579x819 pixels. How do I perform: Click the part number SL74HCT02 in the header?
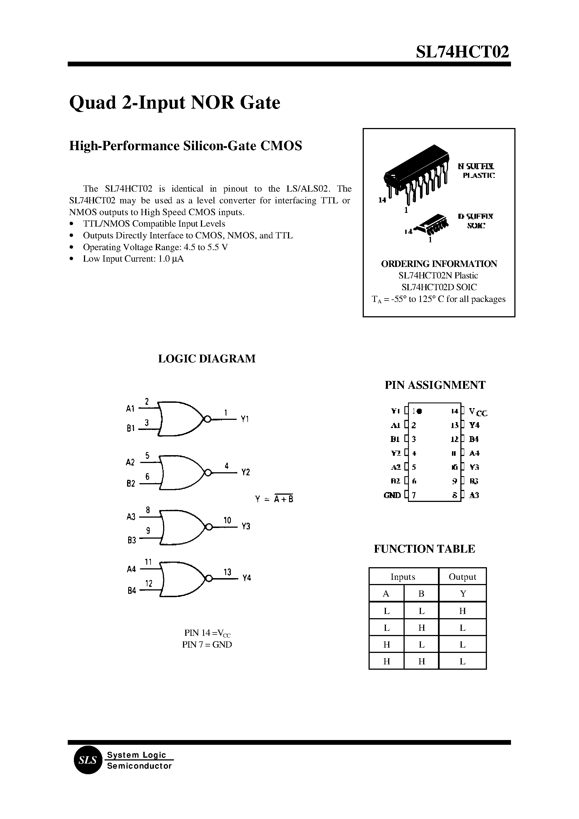tap(462, 52)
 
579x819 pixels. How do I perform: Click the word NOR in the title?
tap(212, 103)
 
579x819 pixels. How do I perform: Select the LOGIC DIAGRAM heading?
tap(207, 359)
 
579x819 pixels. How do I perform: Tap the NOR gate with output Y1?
tap(180, 419)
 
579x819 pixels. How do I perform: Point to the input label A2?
tap(130, 462)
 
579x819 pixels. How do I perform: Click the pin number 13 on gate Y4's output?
tap(228, 572)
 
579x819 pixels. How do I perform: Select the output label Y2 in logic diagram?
tap(246, 473)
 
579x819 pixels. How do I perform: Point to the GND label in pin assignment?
tap(392, 495)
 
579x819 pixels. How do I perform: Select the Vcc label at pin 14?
tap(478, 412)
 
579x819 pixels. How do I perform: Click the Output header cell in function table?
tap(462, 577)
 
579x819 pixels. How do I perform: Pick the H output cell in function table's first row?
tap(462, 611)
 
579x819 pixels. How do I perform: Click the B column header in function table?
tap(421, 594)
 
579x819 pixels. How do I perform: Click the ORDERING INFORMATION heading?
tap(439, 264)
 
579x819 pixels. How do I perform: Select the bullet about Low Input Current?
tap(133, 259)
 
